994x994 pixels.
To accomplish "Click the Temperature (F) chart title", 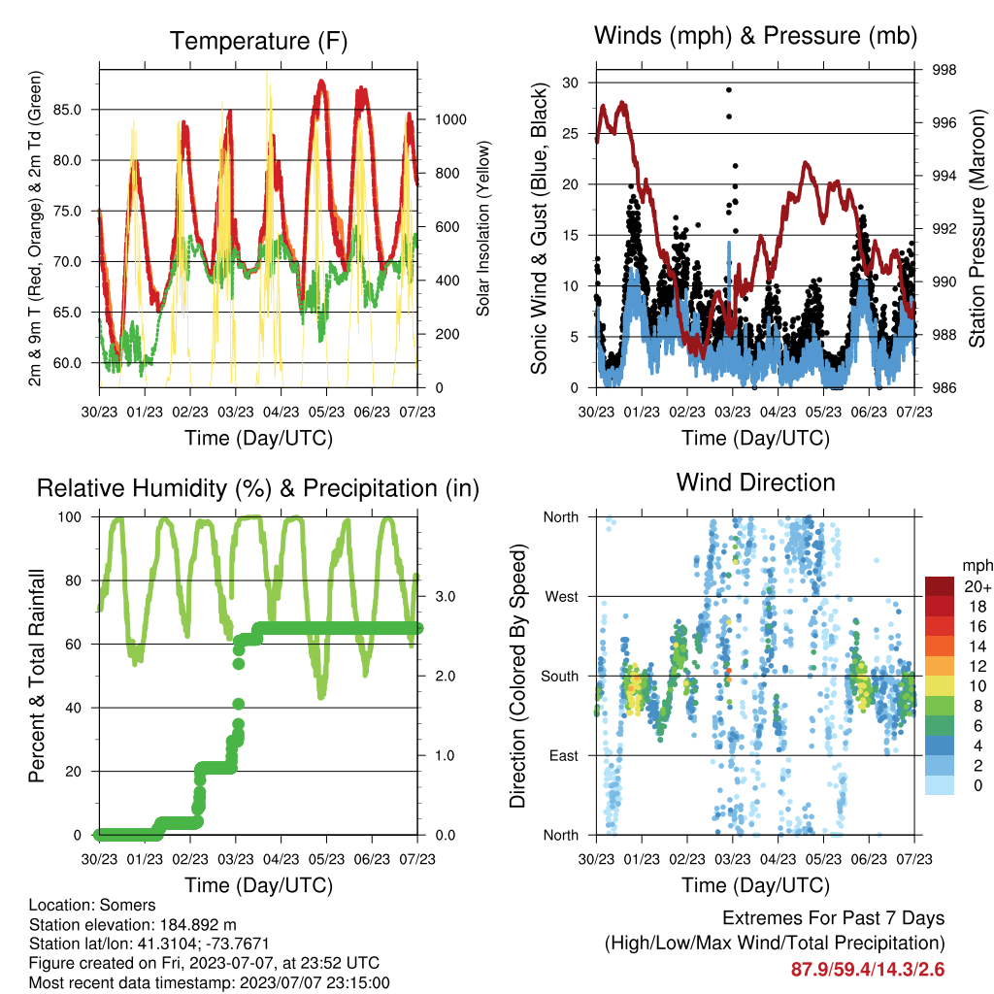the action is pyautogui.click(x=258, y=41).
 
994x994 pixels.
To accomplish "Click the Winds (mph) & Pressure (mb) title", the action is pyautogui.click(x=755, y=36).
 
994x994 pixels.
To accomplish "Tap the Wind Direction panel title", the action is pyautogui.click(x=755, y=482).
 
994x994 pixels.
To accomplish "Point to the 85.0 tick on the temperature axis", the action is pyautogui.click(x=67, y=110).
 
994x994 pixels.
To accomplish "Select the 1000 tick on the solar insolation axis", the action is pyautogui.click(x=450, y=119).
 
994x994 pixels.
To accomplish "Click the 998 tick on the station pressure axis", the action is pyautogui.click(x=944, y=70).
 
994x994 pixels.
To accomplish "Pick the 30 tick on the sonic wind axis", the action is pyautogui.click(x=570, y=83).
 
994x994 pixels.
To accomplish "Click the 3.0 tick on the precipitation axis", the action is pyautogui.click(x=445, y=597).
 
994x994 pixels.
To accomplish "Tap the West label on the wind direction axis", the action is pyautogui.click(x=562, y=597).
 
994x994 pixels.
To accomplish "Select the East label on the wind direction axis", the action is pyautogui.click(x=564, y=755).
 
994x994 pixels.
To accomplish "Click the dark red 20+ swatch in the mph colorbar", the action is pyautogui.click(x=940, y=586).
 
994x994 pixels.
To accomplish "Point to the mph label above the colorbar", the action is pyautogui.click(x=977, y=566).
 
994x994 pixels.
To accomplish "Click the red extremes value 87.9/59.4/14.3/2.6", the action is pyautogui.click(x=868, y=970).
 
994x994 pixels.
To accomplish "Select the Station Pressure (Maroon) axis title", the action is pyautogui.click(x=977, y=228).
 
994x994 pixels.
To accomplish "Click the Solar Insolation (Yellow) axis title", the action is pyautogui.click(x=483, y=228).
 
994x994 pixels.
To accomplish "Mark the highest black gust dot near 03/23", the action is pyautogui.click(x=729, y=90).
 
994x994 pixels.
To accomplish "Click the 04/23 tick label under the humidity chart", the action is pyautogui.click(x=281, y=859).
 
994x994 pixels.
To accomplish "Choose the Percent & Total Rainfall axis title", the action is pyautogui.click(x=37, y=676).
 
